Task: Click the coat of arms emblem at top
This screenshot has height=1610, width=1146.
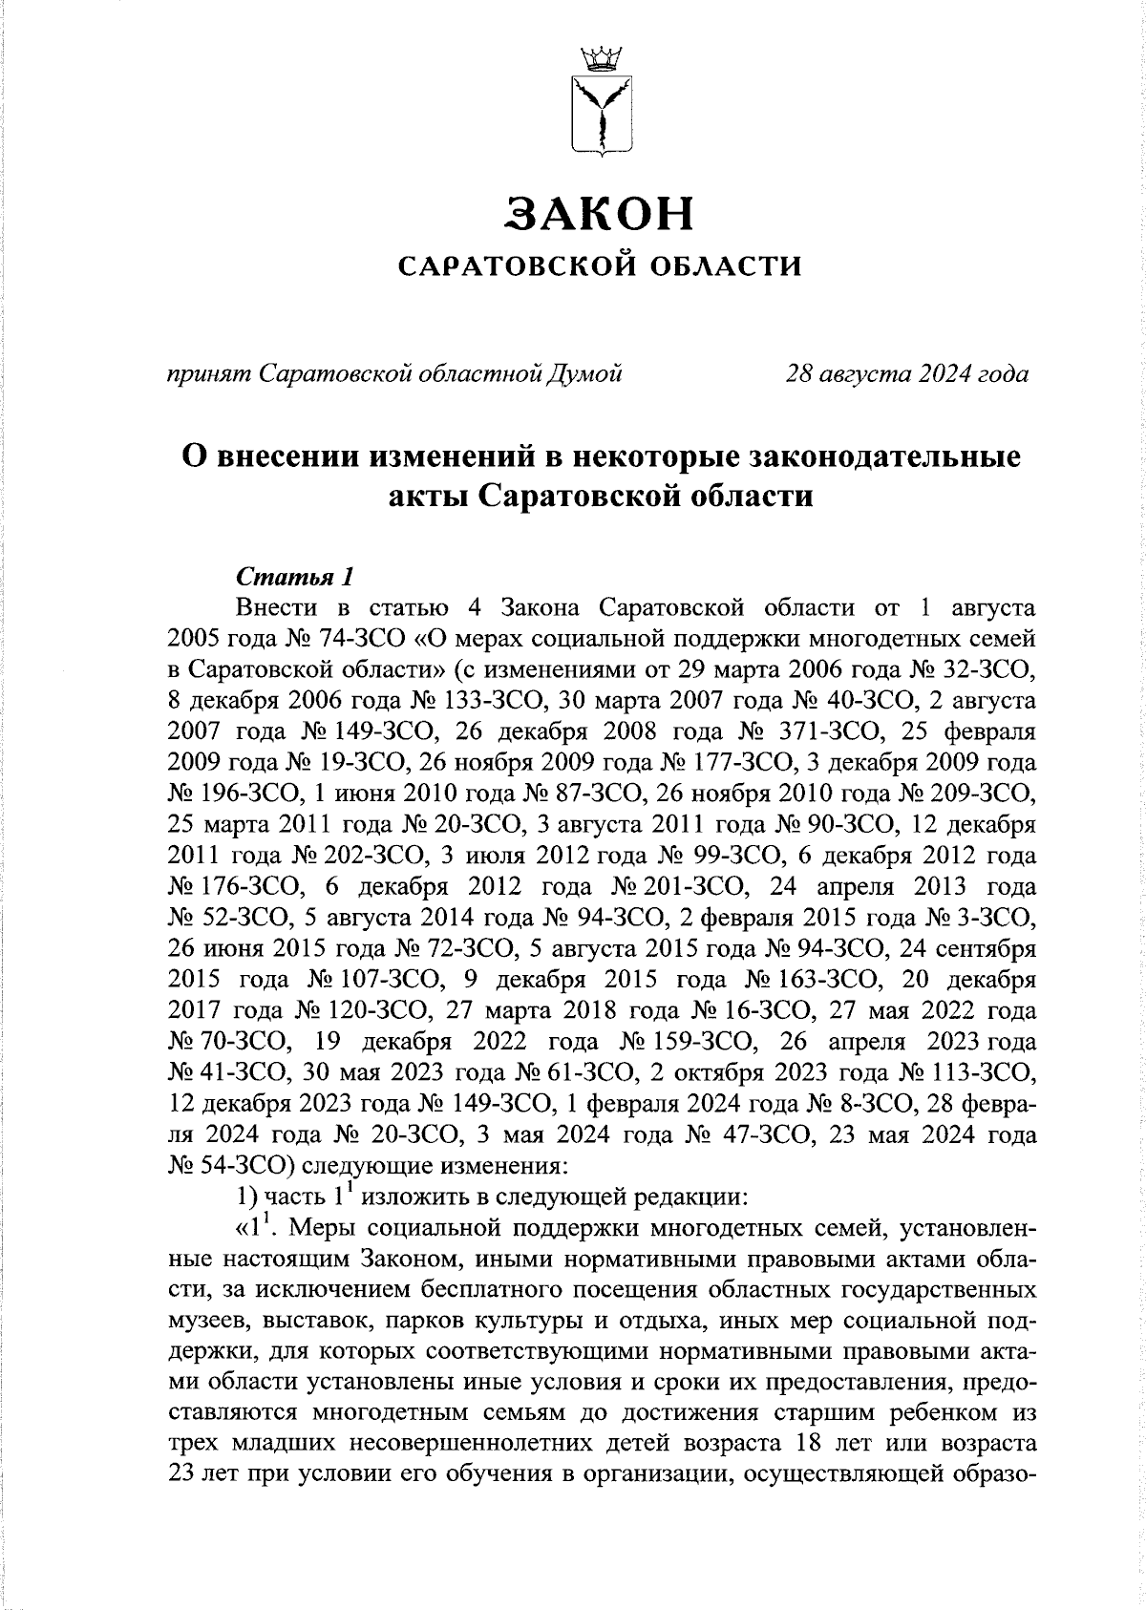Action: tap(601, 101)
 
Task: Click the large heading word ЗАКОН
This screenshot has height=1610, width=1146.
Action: tap(600, 215)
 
